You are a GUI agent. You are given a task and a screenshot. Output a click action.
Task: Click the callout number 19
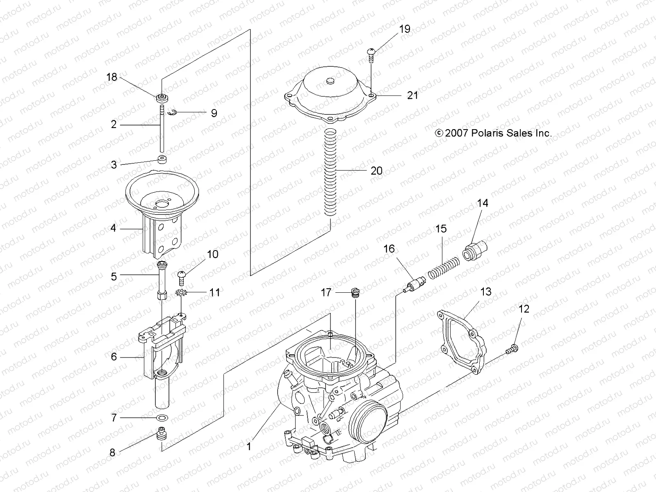[404, 29]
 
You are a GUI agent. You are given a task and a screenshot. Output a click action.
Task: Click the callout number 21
[412, 95]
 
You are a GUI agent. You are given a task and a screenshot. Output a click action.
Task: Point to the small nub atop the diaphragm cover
[331, 82]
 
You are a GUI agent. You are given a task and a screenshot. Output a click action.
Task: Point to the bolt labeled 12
[512, 349]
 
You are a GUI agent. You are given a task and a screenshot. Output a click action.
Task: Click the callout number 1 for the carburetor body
[249, 446]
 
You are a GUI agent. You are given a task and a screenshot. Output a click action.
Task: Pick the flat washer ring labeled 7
[163, 418]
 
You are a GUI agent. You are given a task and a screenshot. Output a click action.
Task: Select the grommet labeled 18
[162, 98]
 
